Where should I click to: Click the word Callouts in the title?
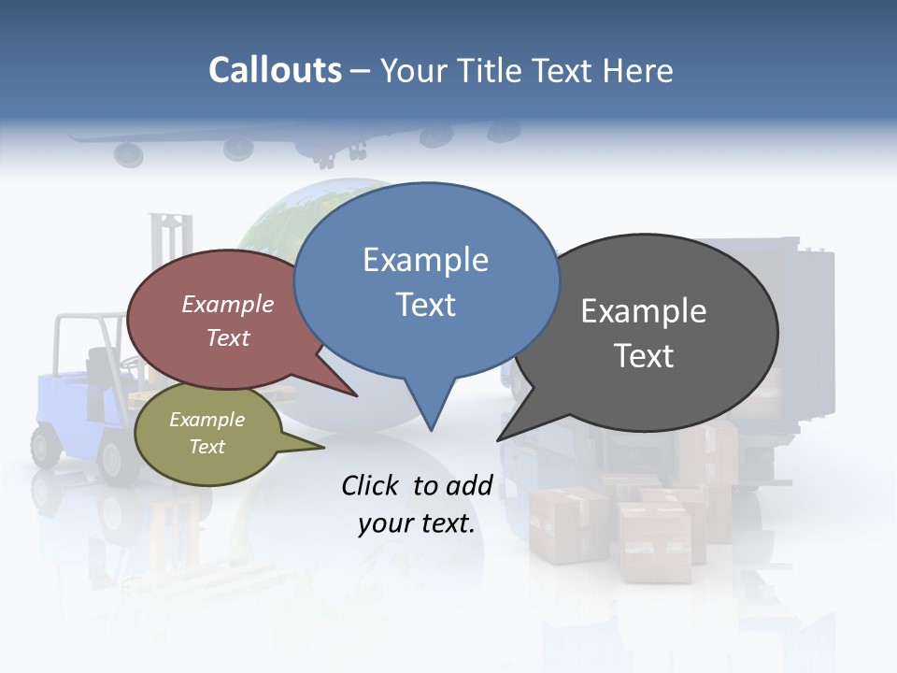click(x=275, y=70)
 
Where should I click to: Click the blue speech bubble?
click(x=426, y=281)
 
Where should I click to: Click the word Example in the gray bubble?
click(x=644, y=310)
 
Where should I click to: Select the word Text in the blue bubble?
click(x=426, y=305)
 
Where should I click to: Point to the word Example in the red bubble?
click(x=228, y=304)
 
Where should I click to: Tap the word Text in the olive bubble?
click(x=207, y=447)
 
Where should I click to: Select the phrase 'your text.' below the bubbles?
click(x=417, y=524)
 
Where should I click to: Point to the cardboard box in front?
click(x=655, y=543)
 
